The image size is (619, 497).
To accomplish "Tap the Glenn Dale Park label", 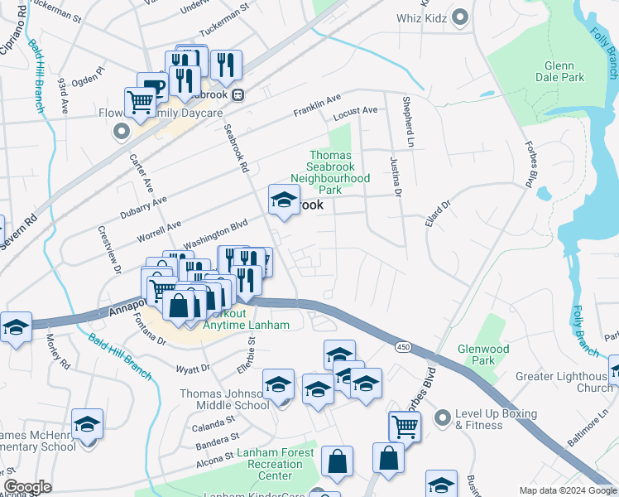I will (x=564, y=71).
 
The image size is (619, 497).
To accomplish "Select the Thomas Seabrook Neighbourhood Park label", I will (x=329, y=172).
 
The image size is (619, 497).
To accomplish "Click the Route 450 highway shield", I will (x=403, y=345).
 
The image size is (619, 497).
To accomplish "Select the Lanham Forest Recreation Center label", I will (x=275, y=465).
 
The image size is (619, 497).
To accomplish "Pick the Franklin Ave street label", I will (x=317, y=105).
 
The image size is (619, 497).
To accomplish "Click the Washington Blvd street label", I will (x=215, y=233).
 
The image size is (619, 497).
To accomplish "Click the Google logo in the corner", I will (x=28, y=487).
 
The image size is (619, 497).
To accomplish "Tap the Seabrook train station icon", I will (x=238, y=94).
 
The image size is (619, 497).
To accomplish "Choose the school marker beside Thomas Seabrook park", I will (x=284, y=200).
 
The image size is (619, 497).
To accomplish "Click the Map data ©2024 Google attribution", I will (x=567, y=490).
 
